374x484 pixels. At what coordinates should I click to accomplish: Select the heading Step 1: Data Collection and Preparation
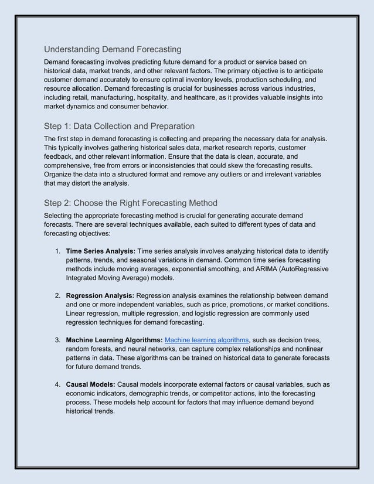pyautogui.click(x=119, y=126)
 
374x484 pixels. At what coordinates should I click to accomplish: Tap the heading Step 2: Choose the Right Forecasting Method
pyautogui.click(x=131, y=203)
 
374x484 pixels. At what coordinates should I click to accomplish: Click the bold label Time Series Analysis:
pyautogui.click(x=101, y=251)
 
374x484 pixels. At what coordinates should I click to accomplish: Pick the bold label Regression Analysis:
pyautogui.click(x=100, y=295)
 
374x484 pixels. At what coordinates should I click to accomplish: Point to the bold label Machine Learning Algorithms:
pyautogui.click(x=114, y=340)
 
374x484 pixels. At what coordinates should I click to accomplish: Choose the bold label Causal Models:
pyautogui.click(x=90, y=384)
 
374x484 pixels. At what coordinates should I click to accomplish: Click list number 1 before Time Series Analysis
pyautogui.click(x=57, y=251)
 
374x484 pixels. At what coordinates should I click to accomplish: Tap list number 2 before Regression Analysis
pyautogui.click(x=57, y=295)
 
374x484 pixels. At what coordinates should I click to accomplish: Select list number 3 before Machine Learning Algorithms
pyautogui.click(x=57, y=340)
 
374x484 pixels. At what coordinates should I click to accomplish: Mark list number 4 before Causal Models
pyautogui.click(x=57, y=384)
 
